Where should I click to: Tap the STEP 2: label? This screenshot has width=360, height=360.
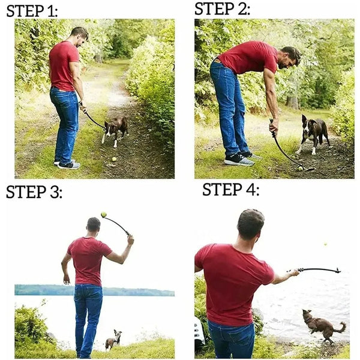pyautogui.click(x=223, y=8)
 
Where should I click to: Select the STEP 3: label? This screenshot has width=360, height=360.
pyautogui.click(x=34, y=192)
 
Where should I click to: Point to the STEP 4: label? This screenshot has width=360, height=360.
pyautogui.click(x=231, y=190)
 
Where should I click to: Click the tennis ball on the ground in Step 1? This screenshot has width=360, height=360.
pyautogui.click(x=113, y=159)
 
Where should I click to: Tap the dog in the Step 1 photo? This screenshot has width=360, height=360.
pyautogui.click(x=115, y=128)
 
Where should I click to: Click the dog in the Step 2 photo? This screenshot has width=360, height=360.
pyautogui.click(x=314, y=132)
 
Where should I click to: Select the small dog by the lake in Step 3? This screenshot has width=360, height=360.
pyautogui.click(x=112, y=340)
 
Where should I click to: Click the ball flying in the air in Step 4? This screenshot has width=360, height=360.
pyautogui.click(x=326, y=244)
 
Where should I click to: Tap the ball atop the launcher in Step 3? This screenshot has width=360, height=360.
pyautogui.click(x=103, y=214)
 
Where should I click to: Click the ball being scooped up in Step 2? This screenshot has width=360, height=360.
pyautogui.click(x=299, y=169)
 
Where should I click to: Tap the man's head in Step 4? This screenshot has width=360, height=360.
pyautogui.click(x=250, y=224)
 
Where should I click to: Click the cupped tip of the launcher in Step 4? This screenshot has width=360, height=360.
pyautogui.click(x=337, y=271)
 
